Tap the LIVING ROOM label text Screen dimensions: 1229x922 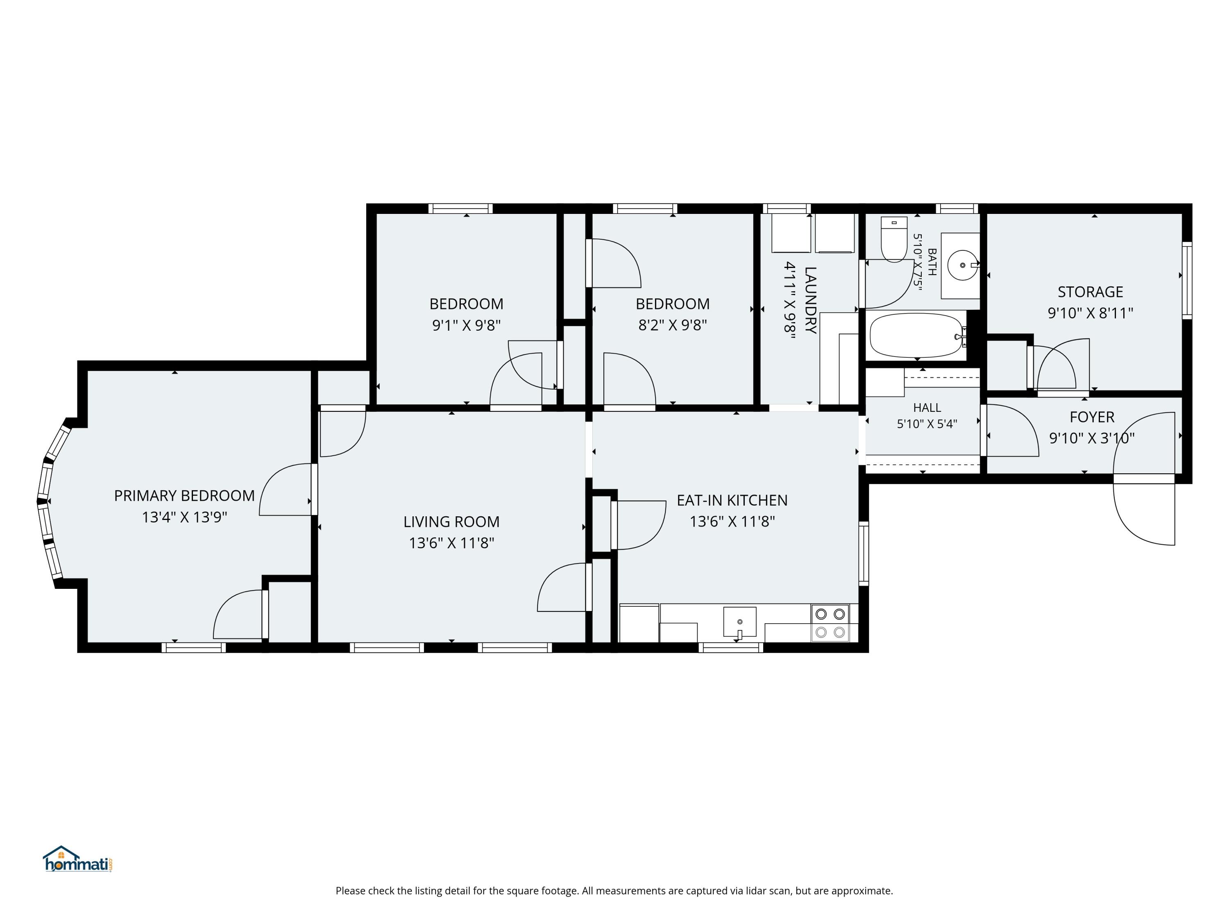[x=451, y=522]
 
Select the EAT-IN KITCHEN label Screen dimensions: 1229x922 [x=732, y=500]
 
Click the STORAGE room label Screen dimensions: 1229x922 [x=1090, y=292]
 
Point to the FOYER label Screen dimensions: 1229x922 [x=1092, y=417]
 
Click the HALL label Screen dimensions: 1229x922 [x=927, y=407]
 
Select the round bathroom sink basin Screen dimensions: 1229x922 [x=962, y=266]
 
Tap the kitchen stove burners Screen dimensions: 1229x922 [x=830, y=623]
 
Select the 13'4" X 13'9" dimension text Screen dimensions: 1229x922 [x=184, y=517]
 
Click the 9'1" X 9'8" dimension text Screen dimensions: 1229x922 [x=466, y=325]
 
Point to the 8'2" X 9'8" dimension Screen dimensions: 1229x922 [x=672, y=325]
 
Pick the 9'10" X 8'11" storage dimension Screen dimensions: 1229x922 [x=1090, y=313]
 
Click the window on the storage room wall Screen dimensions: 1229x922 [x=1187, y=281]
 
